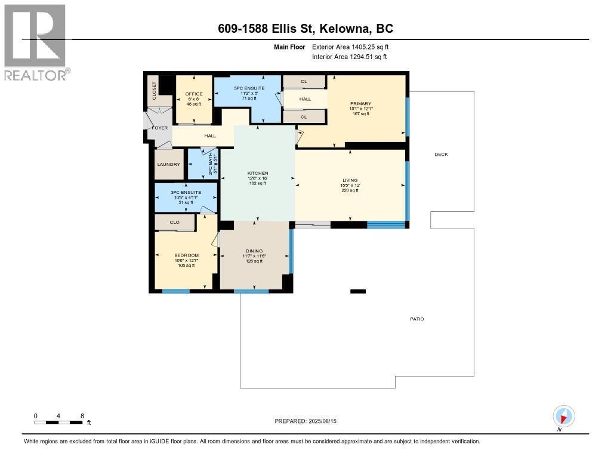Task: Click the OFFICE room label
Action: (194, 94)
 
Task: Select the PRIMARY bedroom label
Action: (360, 103)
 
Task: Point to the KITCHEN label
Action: (258, 173)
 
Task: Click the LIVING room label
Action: (350, 180)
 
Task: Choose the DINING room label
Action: (254, 251)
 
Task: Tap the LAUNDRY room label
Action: (169, 165)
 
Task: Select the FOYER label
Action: (160, 128)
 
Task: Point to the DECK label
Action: (441, 155)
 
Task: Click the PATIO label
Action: (416, 319)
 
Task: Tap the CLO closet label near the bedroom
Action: (174, 223)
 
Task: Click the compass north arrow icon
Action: (563, 416)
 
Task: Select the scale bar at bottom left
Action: (58, 422)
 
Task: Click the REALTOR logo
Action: (36, 42)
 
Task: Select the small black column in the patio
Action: (357, 291)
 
